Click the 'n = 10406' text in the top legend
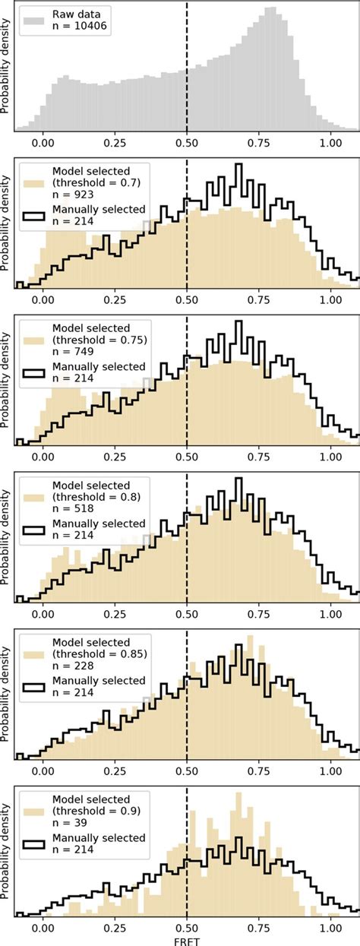81,28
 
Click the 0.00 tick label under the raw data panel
43,142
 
